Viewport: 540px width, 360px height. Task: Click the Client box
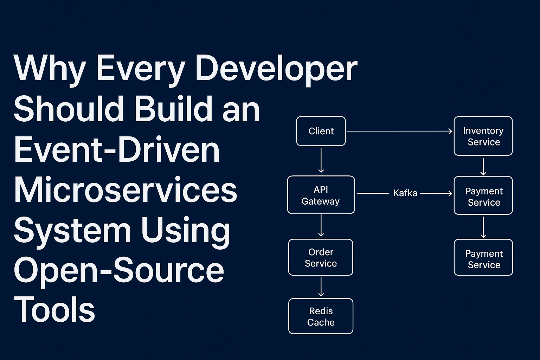click(321, 131)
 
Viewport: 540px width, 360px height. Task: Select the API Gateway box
click(321, 195)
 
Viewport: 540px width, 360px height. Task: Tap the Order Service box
click(321, 257)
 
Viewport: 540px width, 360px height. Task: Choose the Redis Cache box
click(321, 316)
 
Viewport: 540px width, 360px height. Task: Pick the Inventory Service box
click(483, 136)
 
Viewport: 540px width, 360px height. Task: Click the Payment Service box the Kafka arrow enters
click(483, 195)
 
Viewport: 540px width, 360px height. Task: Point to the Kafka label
click(405, 193)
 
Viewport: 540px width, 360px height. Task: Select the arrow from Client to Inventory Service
click(399, 131)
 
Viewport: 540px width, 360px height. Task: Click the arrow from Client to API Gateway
click(321, 160)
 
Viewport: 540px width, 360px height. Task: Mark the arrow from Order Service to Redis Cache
click(321, 287)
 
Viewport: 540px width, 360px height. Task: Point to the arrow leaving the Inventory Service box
click(483, 166)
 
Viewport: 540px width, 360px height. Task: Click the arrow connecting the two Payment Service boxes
click(483, 227)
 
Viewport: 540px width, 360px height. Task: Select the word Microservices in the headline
click(126, 190)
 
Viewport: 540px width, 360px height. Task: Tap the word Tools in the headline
click(54, 310)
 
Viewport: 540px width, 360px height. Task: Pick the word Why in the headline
click(50, 69)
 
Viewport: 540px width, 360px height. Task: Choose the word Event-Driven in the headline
click(117, 150)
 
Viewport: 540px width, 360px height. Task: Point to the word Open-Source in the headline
click(119, 270)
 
